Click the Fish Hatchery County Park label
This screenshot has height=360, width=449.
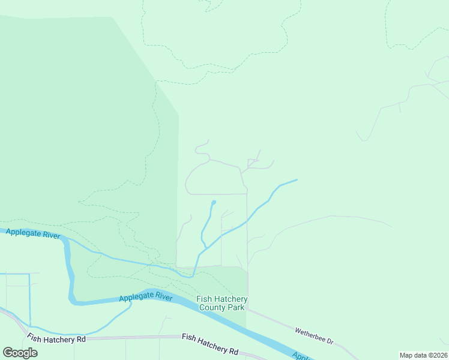pyautogui.click(x=222, y=303)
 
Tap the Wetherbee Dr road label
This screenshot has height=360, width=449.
pyautogui.click(x=313, y=335)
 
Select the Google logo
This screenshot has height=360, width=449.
pyautogui.click(x=20, y=353)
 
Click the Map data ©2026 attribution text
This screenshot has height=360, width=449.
pyautogui.click(x=423, y=355)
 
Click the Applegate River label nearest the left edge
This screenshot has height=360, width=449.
pyautogui.click(x=33, y=233)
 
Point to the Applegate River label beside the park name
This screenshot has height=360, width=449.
pyautogui.click(x=146, y=297)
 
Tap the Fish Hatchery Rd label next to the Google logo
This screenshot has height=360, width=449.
pyautogui.click(x=56, y=339)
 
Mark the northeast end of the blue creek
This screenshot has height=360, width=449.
pyautogui.click(x=297, y=179)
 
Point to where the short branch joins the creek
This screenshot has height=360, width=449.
pyautogui.click(x=207, y=247)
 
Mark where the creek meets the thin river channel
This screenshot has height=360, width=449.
pyautogui.click(x=193, y=277)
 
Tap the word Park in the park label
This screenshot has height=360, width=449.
pyautogui.click(x=236, y=307)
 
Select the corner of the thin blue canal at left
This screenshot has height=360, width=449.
pyautogui.click(x=29, y=274)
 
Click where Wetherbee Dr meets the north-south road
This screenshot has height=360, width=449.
pyautogui.click(x=248, y=309)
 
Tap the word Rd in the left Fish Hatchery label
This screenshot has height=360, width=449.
pyautogui.click(x=80, y=340)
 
